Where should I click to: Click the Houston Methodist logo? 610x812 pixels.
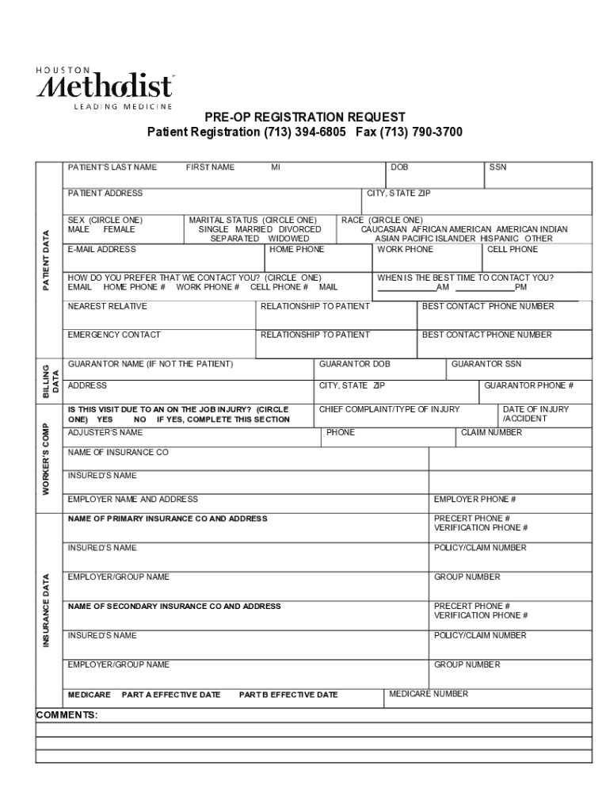pyautogui.click(x=105, y=86)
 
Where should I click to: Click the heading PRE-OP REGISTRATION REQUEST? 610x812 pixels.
pyautogui.click(x=305, y=117)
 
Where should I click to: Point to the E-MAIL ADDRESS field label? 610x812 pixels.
pyautogui.click(x=101, y=249)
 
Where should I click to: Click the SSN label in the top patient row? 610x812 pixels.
pyautogui.click(x=498, y=167)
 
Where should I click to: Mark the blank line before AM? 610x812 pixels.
pyautogui.click(x=406, y=288)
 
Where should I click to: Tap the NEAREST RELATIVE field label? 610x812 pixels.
pyautogui.click(x=107, y=306)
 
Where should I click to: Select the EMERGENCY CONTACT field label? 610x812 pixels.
pyautogui.click(x=114, y=335)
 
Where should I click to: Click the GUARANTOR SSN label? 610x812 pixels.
pyautogui.click(x=486, y=364)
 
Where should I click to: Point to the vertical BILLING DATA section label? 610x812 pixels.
pyautogui.click(x=49, y=379)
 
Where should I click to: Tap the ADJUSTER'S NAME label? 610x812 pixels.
pyautogui.click(x=105, y=433)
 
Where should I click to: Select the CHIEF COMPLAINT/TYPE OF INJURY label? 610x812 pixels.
pyautogui.click(x=389, y=409)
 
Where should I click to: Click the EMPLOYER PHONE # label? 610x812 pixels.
pyautogui.click(x=475, y=500)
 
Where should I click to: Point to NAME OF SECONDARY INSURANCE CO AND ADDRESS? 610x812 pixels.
pyautogui.click(x=174, y=607)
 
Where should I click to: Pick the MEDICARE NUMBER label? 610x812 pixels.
pyautogui.click(x=429, y=694)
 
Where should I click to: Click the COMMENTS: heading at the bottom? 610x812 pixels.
pyautogui.click(x=67, y=715)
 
